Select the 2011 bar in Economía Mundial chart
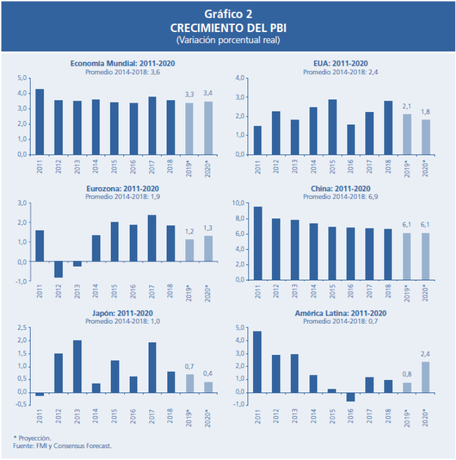tap(39, 121)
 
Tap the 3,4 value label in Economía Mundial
tap(208, 93)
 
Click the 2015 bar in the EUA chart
tap(332, 126)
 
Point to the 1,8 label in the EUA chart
tap(426, 111)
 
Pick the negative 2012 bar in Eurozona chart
tap(58, 269)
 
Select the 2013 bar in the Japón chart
tap(77, 366)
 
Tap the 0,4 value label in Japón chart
tap(208, 374)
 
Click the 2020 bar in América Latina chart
tap(426, 377)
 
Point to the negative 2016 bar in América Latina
tap(351, 397)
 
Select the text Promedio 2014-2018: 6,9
tap(341, 196)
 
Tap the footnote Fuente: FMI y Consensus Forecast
tap(62, 446)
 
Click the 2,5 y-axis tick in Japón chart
tap(23, 327)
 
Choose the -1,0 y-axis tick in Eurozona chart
tap(21, 281)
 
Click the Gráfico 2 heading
tap(228, 14)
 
